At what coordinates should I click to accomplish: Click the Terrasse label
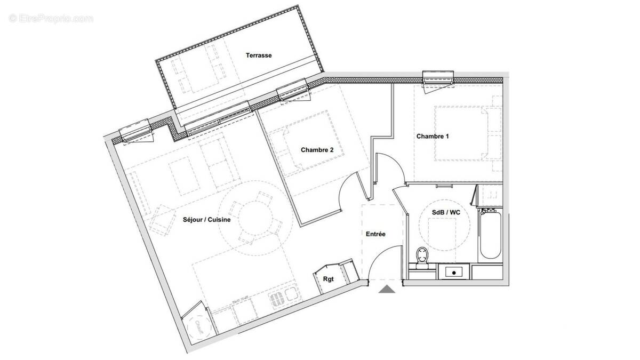[259, 55]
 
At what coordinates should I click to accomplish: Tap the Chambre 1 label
[433, 137]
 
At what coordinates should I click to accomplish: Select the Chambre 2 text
[317, 150]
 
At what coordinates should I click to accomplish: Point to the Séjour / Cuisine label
[206, 219]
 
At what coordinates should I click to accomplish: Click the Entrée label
[375, 234]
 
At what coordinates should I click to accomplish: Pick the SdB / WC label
[446, 212]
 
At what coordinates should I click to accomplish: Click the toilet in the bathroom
[423, 257]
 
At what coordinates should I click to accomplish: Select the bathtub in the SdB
[490, 235]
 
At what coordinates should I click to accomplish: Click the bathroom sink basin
[454, 273]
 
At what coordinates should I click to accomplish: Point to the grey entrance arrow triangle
[387, 290]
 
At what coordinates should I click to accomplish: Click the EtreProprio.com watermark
[51, 19]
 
